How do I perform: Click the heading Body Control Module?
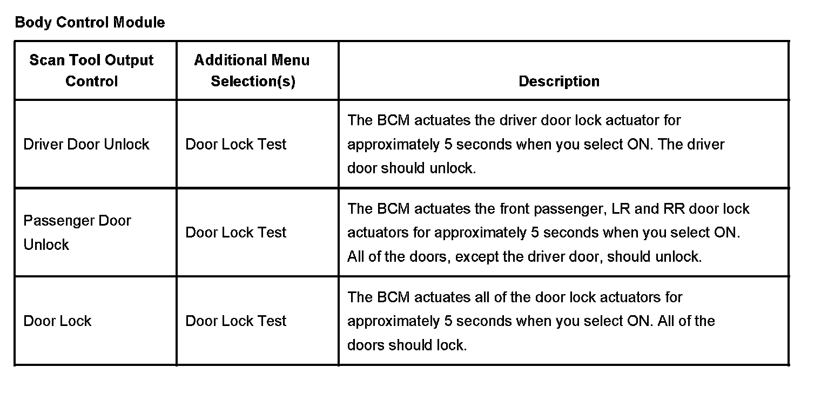[x=90, y=23]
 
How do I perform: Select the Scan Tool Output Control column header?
[x=91, y=71]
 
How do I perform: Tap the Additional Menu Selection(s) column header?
[x=252, y=71]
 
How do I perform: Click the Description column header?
[x=559, y=81]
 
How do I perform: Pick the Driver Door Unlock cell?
[x=86, y=144]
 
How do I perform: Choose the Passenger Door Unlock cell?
[x=77, y=232]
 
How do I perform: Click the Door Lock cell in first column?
[x=57, y=321]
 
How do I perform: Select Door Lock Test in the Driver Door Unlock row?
[x=235, y=144]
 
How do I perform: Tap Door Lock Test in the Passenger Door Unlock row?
[x=235, y=233]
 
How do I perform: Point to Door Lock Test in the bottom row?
[x=235, y=321]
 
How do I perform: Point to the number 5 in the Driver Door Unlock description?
[x=447, y=144]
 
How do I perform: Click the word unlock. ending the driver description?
[x=453, y=168]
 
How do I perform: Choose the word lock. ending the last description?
[x=452, y=345]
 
